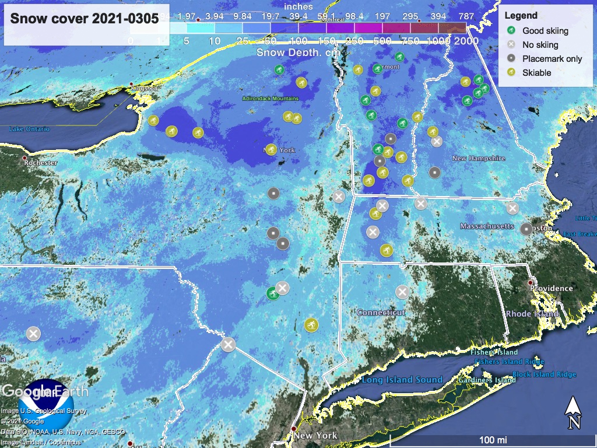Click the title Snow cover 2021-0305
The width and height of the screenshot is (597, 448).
click(x=85, y=18)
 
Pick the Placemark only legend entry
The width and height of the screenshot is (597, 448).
click(x=552, y=58)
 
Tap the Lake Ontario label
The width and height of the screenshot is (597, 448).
click(x=29, y=128)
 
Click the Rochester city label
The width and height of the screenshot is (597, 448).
click(x=41, y=163)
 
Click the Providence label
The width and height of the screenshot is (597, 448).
click(x=551, y=288)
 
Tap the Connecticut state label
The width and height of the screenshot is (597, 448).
click(x=381, y=313)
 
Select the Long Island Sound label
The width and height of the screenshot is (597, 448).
click(x=402, y=380)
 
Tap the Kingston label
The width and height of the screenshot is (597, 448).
click(x=144, y=87)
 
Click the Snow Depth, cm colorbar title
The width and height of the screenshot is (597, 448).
click(x=298, y=52)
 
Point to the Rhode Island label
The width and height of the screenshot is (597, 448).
click(x=532, y=314)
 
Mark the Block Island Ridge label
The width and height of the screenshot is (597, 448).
click(x=544, y=374)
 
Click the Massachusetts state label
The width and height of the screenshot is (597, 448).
click(x=487, y=226)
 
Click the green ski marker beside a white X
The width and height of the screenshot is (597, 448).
click(x=272, y=293)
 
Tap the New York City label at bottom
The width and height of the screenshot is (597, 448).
click(x=315, y=436)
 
